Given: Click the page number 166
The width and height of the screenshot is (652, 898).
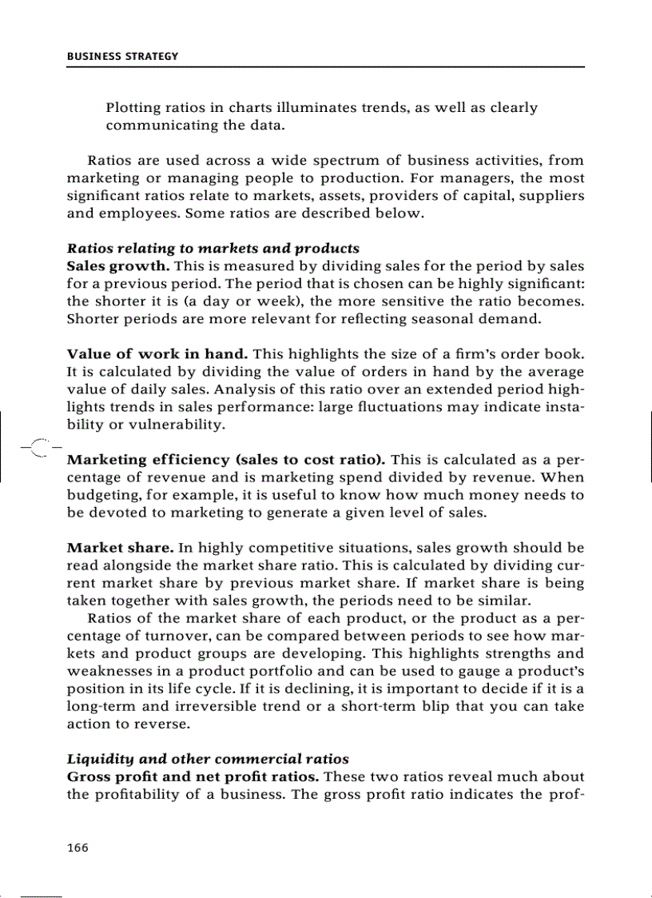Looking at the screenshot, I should (78, 848).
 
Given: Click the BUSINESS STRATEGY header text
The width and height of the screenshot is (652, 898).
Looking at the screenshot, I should (122, 57).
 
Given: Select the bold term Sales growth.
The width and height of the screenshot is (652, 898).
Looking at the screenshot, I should (118, 265).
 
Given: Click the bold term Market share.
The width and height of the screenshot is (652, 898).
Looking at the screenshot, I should (120, 548).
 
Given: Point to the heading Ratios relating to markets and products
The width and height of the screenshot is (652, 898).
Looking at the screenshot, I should (213, 248).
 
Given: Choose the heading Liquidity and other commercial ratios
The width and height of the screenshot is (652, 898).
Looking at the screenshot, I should (208, 759).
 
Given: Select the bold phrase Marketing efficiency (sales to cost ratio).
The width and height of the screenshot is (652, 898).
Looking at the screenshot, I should (226, 460).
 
